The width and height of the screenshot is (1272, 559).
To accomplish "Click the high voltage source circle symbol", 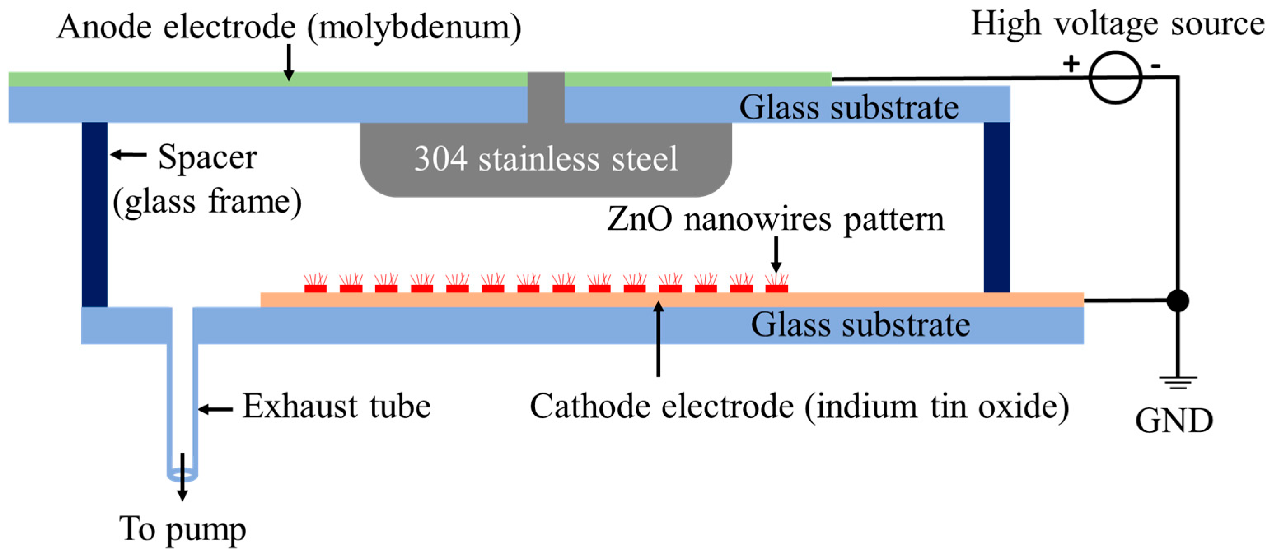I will tap(1115, 77).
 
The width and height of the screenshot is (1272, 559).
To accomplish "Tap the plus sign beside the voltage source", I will tap(1071, 64).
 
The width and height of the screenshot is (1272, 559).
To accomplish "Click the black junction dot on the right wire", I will tap(1177, 301).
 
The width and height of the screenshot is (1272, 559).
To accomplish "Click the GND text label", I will tap(1174, 421).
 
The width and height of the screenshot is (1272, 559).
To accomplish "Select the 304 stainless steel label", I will tap(546, 159).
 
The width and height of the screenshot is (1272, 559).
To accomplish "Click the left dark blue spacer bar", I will tap(94, 214).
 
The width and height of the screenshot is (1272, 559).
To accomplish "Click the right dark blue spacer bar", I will tap(996, 207).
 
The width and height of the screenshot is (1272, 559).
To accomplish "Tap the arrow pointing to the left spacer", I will tap(128, 155).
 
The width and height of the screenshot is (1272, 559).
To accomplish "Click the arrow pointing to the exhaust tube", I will tap(215, 409).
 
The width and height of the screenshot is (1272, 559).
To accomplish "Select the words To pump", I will tap(182, 529).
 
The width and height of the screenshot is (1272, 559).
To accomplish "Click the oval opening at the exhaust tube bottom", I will tap(182, 476).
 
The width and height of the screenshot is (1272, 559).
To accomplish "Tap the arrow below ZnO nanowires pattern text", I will tap(776, 254).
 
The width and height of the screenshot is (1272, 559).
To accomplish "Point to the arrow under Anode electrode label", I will tap(289, 62).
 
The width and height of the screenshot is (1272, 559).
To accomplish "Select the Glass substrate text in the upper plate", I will tap(848, 107).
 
